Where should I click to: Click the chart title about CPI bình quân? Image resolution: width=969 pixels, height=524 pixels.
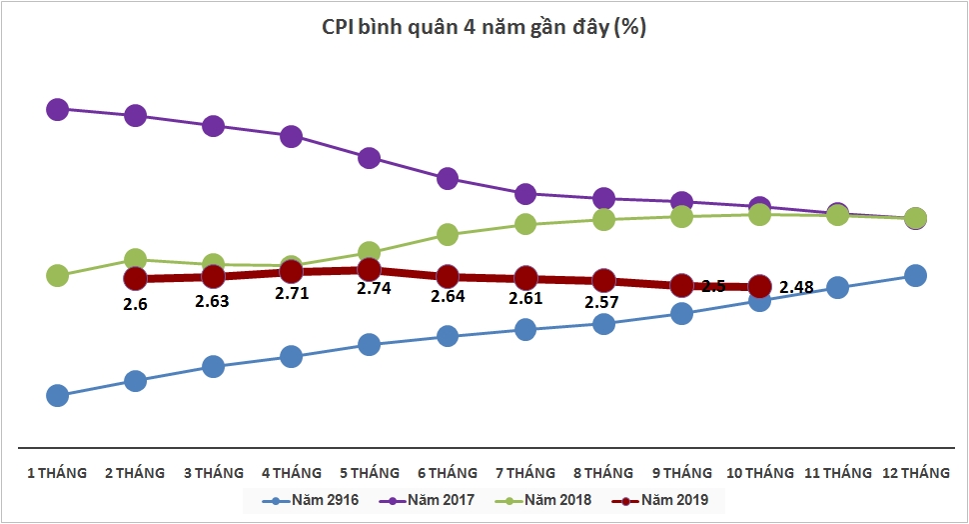coord(484,28)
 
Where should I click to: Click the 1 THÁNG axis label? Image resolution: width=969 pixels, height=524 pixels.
coord(56,472)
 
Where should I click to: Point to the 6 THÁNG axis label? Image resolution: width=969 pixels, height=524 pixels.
coord(447,472)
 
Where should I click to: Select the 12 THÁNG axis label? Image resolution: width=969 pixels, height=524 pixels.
coord(916,472)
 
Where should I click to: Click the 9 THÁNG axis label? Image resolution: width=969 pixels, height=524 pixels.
coord(680,472)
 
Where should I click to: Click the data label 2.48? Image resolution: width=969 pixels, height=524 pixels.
coord(796,287)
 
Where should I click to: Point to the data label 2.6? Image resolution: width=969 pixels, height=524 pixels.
coord(135,303)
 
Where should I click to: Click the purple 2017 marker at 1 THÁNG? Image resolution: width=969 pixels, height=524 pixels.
coord(57,109)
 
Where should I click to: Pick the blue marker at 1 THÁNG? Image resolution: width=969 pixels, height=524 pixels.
coord(57,396)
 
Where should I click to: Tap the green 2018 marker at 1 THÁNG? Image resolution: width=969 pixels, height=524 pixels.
coord(57,276)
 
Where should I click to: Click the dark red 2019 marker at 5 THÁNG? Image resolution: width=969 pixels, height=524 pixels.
coord(369,270)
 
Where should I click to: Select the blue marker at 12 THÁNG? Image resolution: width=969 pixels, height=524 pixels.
coord(915,276)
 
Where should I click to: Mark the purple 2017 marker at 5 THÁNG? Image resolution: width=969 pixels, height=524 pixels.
coord(369,158)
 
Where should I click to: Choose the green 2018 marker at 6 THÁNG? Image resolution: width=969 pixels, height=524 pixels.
coord(447,235)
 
